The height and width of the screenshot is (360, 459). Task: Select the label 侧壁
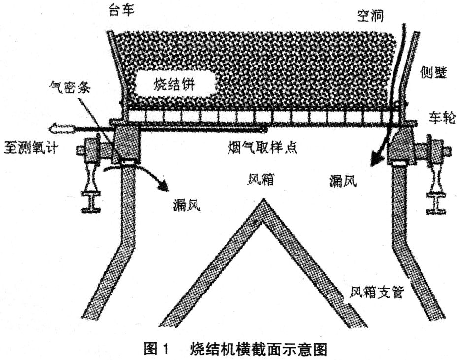click(434, 72)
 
